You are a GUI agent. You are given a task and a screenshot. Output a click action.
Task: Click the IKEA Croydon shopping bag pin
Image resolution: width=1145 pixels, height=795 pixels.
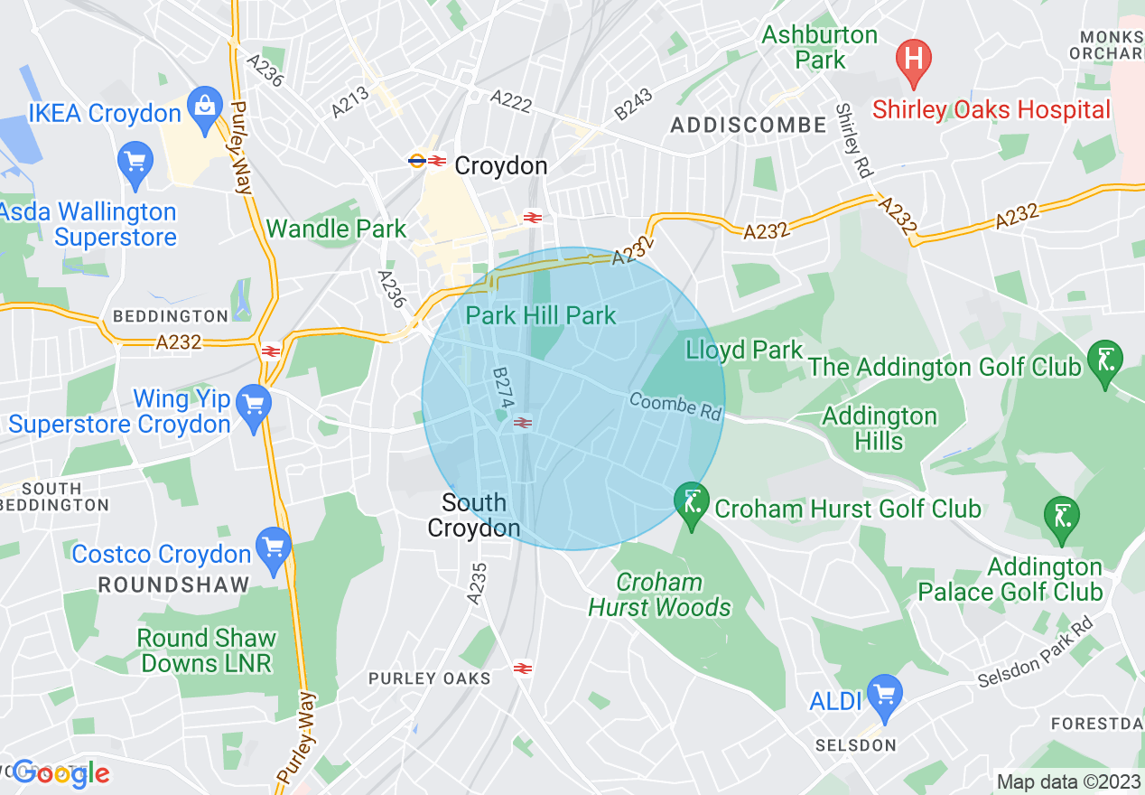coord(206,106)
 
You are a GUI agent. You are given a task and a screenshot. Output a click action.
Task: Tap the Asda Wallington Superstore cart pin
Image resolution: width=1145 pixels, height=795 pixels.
coord(135,164)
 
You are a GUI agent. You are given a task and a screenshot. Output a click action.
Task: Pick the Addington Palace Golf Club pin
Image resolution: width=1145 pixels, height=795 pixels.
coord(1061,518)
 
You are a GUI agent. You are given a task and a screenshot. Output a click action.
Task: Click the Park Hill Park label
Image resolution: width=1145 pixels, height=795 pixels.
coord(541,315)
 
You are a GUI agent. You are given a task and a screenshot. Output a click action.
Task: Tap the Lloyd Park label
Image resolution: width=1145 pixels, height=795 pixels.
coord(744,350)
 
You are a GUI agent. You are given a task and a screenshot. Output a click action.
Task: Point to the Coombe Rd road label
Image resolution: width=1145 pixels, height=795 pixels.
coord(676,406)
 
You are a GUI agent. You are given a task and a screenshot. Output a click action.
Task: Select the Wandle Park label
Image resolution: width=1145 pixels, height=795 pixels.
coord(337,229)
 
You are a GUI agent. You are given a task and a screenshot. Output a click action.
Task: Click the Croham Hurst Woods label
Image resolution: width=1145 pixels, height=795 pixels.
coord(659,594)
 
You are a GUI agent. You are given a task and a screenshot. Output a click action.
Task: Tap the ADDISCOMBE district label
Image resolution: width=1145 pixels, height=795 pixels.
coord(749,126)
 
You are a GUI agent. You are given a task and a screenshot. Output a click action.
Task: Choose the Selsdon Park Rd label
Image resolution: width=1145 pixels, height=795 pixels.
coord(1035,652)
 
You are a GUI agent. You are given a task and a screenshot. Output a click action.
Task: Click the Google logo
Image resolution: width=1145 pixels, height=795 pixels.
coord(61,773)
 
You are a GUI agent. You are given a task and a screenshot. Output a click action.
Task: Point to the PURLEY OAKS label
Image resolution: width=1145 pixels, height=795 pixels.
coord(430,678)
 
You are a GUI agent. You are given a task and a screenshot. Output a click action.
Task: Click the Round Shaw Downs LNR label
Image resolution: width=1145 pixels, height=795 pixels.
coord(206,650)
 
